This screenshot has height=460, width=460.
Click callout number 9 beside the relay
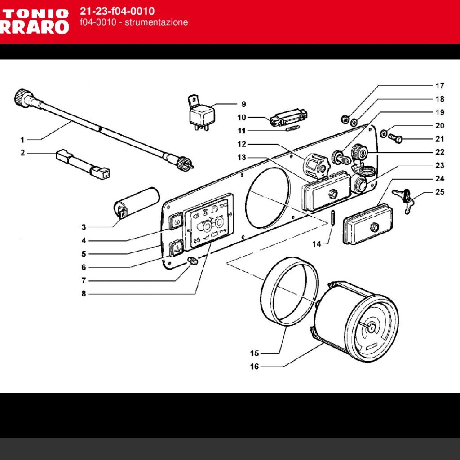point(243,104)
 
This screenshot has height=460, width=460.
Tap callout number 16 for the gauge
point(254,367)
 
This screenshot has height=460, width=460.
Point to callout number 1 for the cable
point(22,139)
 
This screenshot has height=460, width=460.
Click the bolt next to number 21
point(396,139)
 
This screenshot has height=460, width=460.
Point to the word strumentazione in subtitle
point(156,22)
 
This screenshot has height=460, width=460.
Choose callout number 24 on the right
point(440,178)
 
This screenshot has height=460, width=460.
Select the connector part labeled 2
point(83,163)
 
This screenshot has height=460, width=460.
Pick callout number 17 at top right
point(440,85)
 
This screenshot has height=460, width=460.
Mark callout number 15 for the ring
point(254,353)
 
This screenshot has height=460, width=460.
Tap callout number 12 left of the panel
point(243,144)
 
